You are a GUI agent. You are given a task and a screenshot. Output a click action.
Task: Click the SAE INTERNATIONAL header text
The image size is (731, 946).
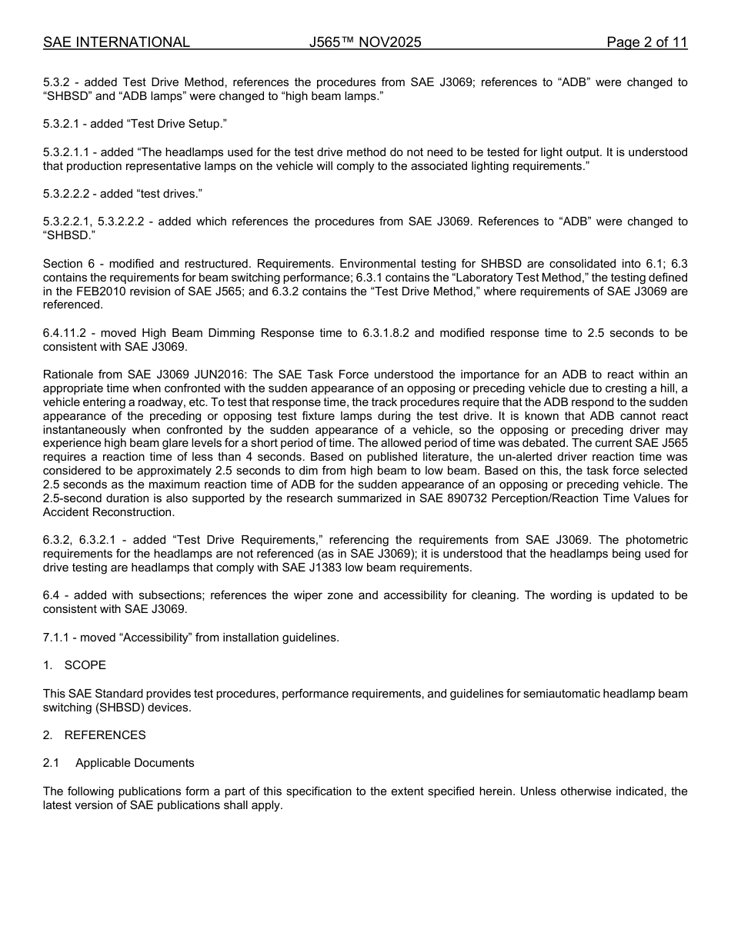(x=116, y=42)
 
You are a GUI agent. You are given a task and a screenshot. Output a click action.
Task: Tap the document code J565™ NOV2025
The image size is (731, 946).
(x=365, y=42)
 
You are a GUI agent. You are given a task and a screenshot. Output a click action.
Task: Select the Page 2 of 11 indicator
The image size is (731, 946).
(x=646, y=42)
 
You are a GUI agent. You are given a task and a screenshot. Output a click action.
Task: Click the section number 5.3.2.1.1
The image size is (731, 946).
(x=66, y=152)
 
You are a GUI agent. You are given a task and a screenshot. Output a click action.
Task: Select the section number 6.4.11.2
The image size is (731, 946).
(x=67, y=333)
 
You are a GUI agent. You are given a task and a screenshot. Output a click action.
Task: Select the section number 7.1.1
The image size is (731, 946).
(x=58, y=637)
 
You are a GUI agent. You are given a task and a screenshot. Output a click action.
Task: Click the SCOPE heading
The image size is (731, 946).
(x=85, y=665)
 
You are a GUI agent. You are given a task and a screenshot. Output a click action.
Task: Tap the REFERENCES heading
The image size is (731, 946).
(x=105, y=734)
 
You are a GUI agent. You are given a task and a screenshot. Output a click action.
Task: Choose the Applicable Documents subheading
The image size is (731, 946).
(x=135, y=763)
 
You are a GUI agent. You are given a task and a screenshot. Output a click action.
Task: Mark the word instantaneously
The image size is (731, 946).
(x=86, y=430)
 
